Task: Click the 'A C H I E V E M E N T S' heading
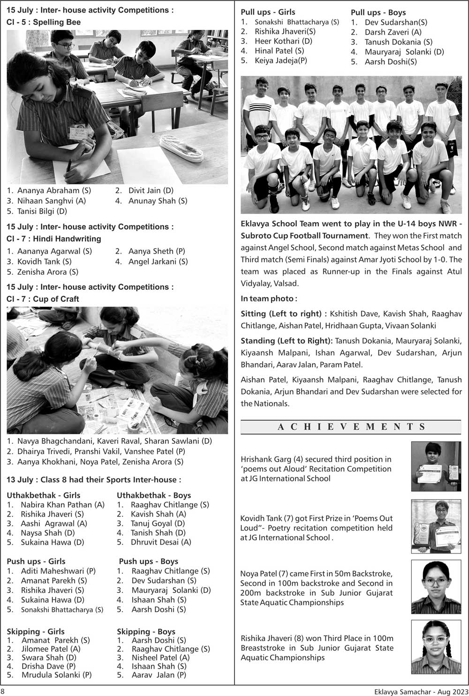point(351,427)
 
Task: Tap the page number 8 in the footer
point(3,691)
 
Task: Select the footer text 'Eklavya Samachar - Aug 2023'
point(421,691)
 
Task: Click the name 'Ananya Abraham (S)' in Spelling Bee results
point(54,190)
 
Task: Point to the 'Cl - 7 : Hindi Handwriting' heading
point(53,239)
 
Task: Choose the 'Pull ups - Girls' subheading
point(268,12)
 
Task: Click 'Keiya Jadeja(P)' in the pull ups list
point(280,60)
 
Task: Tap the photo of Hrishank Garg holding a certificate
point(436,466)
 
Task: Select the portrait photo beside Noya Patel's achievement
point(436,586)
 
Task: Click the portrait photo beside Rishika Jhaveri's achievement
point(436,647)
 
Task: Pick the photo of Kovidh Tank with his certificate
point(436,526)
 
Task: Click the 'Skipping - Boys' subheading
point(146,631)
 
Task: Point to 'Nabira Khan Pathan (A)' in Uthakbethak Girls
point(62,505)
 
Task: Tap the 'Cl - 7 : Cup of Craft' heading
point(43,299)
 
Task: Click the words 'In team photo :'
point(269,299)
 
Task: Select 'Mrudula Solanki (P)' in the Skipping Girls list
point(56,675)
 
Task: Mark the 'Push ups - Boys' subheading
point(148,561)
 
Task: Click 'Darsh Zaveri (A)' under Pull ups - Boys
point(393,32)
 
